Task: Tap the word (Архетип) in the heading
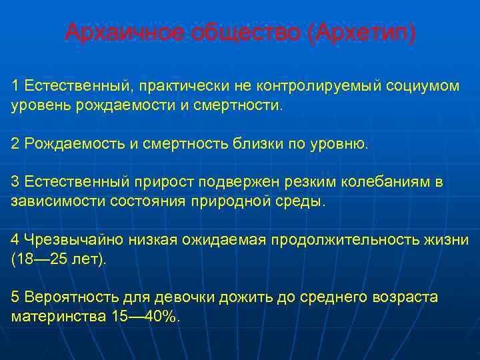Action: [x=363, y=32]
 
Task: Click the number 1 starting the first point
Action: [x=15, y=87]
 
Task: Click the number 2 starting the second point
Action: [x=15, y=143]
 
